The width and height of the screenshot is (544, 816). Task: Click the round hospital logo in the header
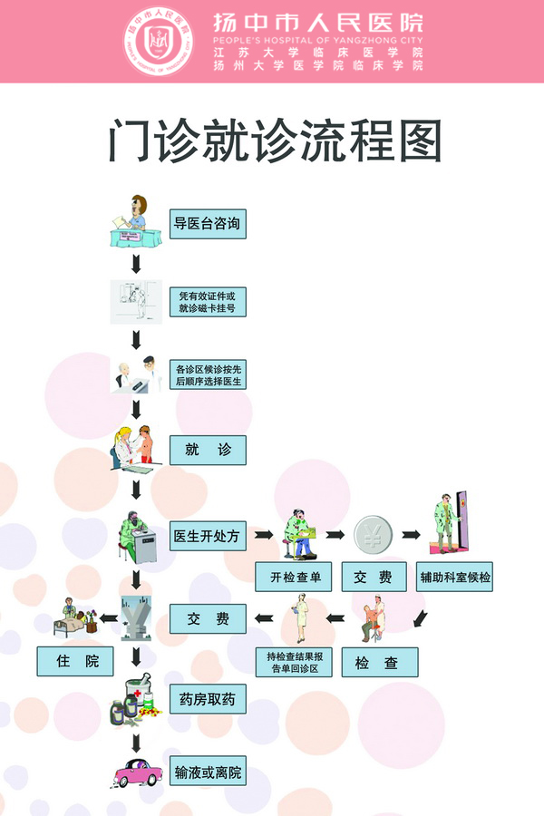pyautogui.click(x=159, y=41)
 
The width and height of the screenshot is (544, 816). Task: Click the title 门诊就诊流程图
pyautogui.click(x=276, y=141)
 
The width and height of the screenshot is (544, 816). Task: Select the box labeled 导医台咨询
pyautogui.click(x=208, y=224)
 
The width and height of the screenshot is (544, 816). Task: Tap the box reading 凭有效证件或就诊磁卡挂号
pyautogui.click(x=208, y=302)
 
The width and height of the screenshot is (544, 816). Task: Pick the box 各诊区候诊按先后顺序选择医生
pyautogui.click(x=208, y=374)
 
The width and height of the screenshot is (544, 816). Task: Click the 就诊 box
pyautogui.click(x=208, y=450)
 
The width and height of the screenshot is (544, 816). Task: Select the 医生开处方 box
pyautogui.click(x=208, y=536)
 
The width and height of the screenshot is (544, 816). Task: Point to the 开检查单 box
pyautogui.click(x=293, y=577)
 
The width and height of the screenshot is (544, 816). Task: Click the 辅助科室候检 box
pyautogui.click(x=454, y=577)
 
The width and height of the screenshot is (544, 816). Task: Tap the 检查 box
pyautogui.click(x=380, y=662)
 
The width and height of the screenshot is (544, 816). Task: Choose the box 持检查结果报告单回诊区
pyautogui.click(x=294, y=662)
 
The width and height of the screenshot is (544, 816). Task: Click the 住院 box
pyautogui.click(x=75, y=661)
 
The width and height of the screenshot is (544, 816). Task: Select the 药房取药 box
pyautogui.click(x=208, y=699)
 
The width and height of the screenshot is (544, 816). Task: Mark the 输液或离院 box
pyautogui.click(x=208, y=772)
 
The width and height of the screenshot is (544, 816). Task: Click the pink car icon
pyautogui.click(x=137, y=772)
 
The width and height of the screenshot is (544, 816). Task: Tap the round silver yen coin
pyautogui.click(x=373, y=534)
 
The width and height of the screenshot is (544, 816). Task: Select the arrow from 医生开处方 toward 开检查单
pyautogui.click(x=264, y=534)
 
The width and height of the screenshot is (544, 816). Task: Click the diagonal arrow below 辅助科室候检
pyautogui.click(x=420, y=618)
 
